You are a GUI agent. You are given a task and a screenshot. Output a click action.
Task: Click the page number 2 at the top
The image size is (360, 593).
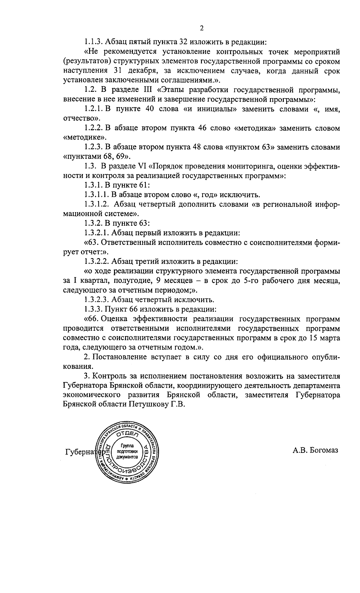point(202,28)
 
